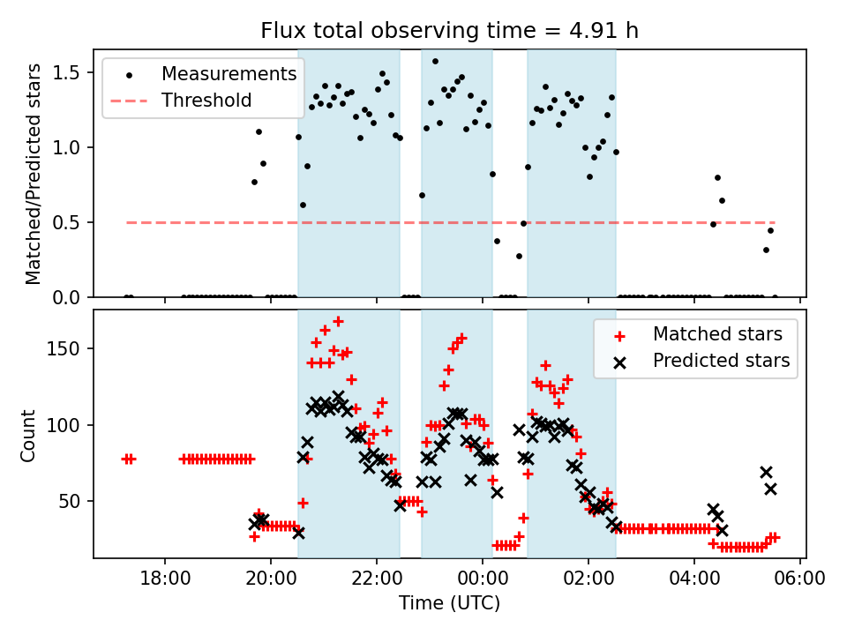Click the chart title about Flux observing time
tap(449, 31)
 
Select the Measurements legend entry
tap(229, 74)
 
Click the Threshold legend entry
tap(206, 101)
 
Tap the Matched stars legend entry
tap(717, 334)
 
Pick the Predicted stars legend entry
tap(721, 361)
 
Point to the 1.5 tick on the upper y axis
tap(71, 72)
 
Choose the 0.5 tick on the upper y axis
tap(71, 222)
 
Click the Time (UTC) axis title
tap(449, 604)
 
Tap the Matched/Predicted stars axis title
tap(34, 174)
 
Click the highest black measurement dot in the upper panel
tap(435, 61)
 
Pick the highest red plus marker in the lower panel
tap(338, 321)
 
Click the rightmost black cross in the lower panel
tap(770, 489)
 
